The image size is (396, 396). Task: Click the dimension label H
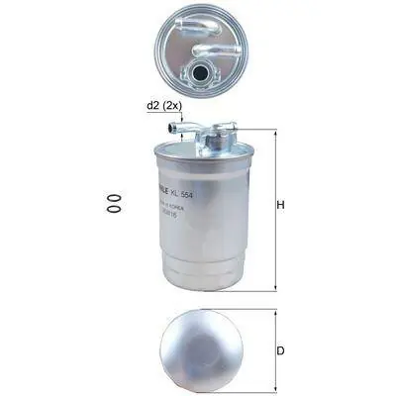tap(280, 206)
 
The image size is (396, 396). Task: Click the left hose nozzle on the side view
tap(179, 126)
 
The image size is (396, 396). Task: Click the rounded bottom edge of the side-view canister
tap(202, 287)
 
